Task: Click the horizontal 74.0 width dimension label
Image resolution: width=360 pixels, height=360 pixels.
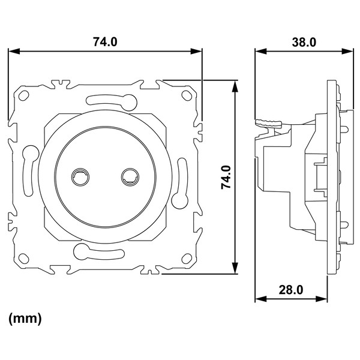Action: [105, 42]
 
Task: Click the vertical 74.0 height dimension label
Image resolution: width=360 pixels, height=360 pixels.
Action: [226, 177]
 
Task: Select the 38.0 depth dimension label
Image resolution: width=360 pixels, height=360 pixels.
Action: [304, 43]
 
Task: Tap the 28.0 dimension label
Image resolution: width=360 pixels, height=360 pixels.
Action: [291, 290]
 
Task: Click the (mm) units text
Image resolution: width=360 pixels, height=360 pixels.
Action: [25, 319]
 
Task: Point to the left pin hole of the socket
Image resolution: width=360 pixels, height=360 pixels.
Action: [80, 177]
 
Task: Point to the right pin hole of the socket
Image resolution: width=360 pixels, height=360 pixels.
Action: [130, 177]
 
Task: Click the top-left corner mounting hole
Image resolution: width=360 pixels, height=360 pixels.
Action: [23, 96]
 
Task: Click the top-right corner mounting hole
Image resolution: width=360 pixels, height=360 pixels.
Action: [187, 95]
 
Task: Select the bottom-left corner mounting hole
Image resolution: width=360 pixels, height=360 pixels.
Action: [23, 258]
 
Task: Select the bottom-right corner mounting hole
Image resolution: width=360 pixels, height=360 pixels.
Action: [187, 259]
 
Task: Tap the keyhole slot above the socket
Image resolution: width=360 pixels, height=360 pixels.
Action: [112, 101]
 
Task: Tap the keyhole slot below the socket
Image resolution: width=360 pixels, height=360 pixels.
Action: [99, 251]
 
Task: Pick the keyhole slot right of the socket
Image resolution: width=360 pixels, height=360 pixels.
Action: [180, 183]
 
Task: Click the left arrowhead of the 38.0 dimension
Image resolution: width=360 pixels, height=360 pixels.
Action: [261, 51]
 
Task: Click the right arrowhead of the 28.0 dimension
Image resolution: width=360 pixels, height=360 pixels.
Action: [322, 299]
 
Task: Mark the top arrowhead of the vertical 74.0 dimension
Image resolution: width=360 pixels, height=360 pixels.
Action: [235, 86]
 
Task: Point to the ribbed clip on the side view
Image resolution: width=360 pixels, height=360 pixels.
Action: [269, 123]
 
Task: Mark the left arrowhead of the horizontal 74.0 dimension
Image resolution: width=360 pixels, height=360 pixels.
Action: [14, 51]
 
